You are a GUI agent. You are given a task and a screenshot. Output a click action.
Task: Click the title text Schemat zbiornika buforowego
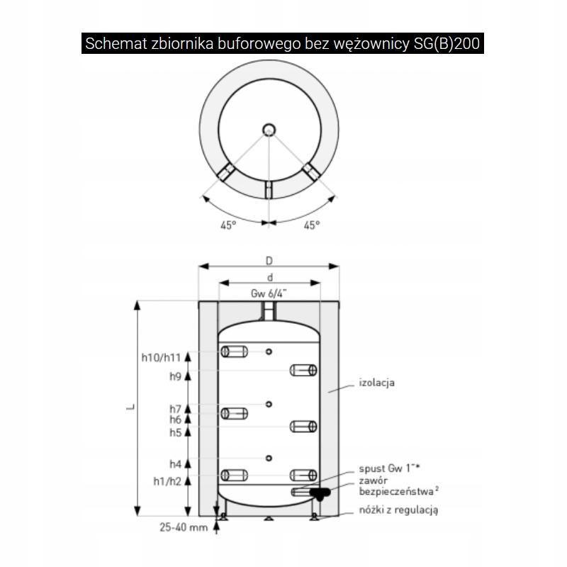click(x=283, y=44)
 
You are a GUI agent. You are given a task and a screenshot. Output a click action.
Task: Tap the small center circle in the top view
click(x=269, y=129)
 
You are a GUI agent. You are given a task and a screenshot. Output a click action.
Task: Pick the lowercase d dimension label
click(x=269, y=278)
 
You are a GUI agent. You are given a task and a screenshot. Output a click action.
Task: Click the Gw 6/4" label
click(x=269, y=293)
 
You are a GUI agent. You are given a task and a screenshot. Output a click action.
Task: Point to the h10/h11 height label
click(x=161, y=357)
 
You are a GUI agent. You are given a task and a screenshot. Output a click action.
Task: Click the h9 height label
click(x=176, y=376)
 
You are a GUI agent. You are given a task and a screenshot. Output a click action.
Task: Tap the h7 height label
click(x=176, y=409)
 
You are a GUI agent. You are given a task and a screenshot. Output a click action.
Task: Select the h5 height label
click(x=176, y=431)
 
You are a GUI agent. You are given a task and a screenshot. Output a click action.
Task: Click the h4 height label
click(x=176, y=464)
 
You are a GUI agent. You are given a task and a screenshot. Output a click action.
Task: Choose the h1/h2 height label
click(x=167, y=481)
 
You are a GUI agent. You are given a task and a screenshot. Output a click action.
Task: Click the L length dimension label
click(x=129, y=409)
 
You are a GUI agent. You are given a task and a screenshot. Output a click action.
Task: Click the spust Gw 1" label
click(x=388, y=468)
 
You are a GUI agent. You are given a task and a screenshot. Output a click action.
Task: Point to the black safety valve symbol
click(x=320, y=493)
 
